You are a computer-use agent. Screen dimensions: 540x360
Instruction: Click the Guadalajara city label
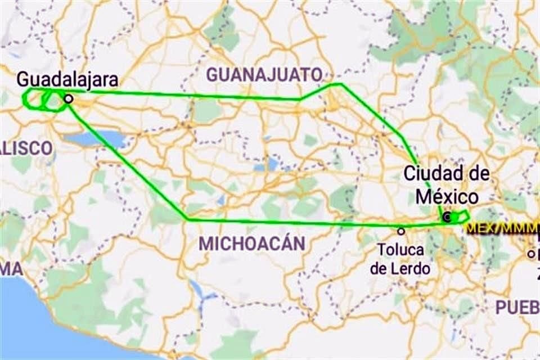click(x=67, y=79)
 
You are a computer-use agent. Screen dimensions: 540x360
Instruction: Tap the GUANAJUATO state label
click(x=264, y=74)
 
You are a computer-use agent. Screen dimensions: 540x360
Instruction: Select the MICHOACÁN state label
click(x=252, y=244)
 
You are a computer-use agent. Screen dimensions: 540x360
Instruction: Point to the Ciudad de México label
click(x=447, y=185)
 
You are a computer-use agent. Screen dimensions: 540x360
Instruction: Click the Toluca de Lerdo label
click(x=400, y=258)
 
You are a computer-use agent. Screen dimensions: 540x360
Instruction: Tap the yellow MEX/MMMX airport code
click(x=501, y=229)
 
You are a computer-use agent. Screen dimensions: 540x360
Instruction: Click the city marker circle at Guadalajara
click(x=68, y=98)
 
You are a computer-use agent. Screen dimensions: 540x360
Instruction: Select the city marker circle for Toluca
click(x=401, y=231)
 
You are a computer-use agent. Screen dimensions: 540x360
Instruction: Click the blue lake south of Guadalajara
click(x=102, y=138)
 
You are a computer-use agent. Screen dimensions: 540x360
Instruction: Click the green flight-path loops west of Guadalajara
click(x=42, y=100)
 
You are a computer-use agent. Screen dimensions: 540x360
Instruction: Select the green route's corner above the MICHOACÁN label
click(x=187, y=219)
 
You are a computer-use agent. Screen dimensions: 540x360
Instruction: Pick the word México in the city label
click(x=447, y=196)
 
